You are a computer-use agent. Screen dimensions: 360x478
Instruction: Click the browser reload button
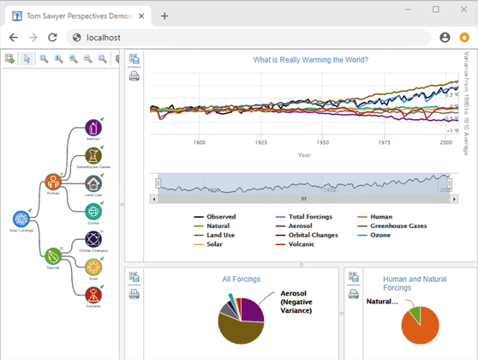[x=52, y=38]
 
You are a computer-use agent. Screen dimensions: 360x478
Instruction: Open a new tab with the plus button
[x=164, y=15]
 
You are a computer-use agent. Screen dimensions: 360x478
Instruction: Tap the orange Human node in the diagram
[x=53, y=182]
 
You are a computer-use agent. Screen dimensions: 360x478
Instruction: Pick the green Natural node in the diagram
[x=53, y=255]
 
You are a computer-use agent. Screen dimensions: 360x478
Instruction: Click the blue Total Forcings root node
[x=21, y=219]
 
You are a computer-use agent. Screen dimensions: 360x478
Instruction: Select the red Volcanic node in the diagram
[x=93, y=294]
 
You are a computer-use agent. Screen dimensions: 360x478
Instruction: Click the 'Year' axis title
[x=304, y=155]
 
